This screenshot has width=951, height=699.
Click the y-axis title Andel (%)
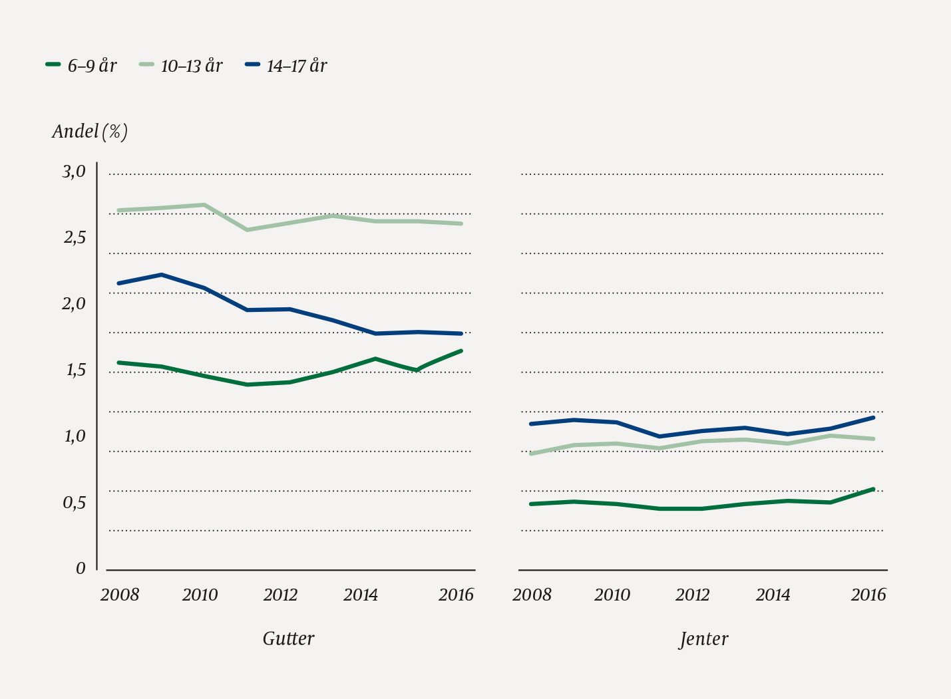coord(90,132)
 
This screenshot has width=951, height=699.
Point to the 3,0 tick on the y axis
coord(74,172)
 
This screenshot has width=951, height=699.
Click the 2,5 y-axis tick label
coord(74,237)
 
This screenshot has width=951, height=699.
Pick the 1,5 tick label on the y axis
coord(75,370)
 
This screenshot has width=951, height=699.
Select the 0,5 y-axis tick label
coord(74,503)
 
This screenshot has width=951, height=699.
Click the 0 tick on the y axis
coord(81,569)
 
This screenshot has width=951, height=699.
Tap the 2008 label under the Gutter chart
coord(120,595)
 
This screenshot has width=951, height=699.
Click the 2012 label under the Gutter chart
coord(280,595)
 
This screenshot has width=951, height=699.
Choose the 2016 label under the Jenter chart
coord(868,595)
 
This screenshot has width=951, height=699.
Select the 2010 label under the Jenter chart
coord(612,595)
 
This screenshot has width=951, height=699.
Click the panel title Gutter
coord(288,638)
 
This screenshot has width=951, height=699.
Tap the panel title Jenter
coord(703,639)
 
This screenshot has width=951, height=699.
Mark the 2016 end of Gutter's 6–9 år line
coord(461,350)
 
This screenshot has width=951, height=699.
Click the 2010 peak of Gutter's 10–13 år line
coord(204,205)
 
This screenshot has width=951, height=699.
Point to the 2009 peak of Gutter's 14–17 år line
coord(161,275)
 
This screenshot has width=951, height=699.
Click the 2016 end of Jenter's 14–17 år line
coord(873,417)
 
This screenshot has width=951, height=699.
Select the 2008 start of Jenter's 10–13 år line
coord(531,454)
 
